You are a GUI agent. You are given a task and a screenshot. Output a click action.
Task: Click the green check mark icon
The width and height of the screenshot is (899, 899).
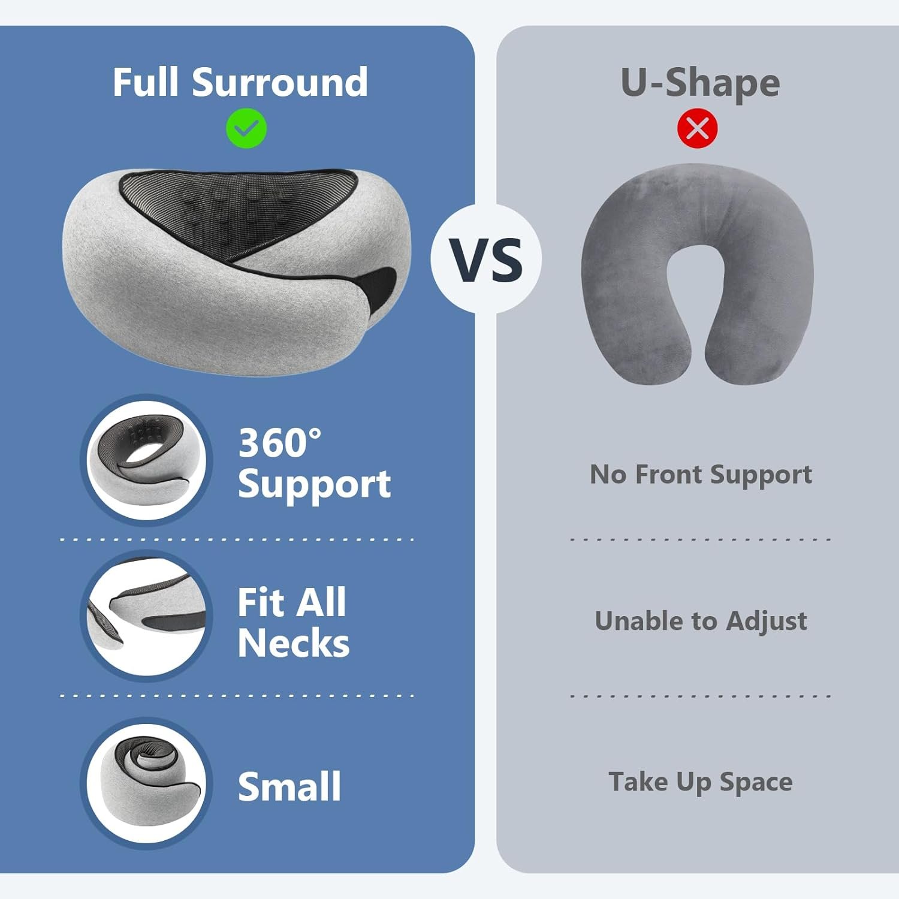[x=246, y=128]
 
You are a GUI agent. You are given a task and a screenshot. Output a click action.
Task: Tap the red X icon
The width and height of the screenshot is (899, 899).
[x=697, y=128]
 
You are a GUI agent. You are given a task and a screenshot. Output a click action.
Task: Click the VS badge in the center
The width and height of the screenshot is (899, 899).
[x=486, y=260]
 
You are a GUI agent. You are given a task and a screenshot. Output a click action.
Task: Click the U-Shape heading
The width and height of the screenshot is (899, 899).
[x=700, y=82]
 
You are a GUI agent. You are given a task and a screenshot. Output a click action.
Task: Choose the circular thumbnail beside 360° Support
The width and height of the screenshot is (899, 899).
[x=146, y=460]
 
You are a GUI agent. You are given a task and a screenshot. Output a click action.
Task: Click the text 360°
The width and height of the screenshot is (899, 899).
[x=280, y=443]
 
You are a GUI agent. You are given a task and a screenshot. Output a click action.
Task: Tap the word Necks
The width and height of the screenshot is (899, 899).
[x=294, y=643]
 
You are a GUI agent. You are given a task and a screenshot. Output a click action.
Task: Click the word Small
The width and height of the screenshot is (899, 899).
[x=289, y=786]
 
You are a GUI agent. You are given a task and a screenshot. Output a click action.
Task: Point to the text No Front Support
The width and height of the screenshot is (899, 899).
[x=701, y=475]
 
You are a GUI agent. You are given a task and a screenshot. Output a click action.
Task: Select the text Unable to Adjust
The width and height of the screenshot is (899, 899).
[x=701, y=621]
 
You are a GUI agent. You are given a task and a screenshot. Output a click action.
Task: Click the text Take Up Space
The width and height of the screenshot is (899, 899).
[x=701, y=782]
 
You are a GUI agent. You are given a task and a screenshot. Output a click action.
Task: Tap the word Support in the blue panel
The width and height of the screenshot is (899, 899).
[x=314, y=485]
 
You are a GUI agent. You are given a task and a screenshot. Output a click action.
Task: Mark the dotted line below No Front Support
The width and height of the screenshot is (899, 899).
[x=701, y=539]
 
